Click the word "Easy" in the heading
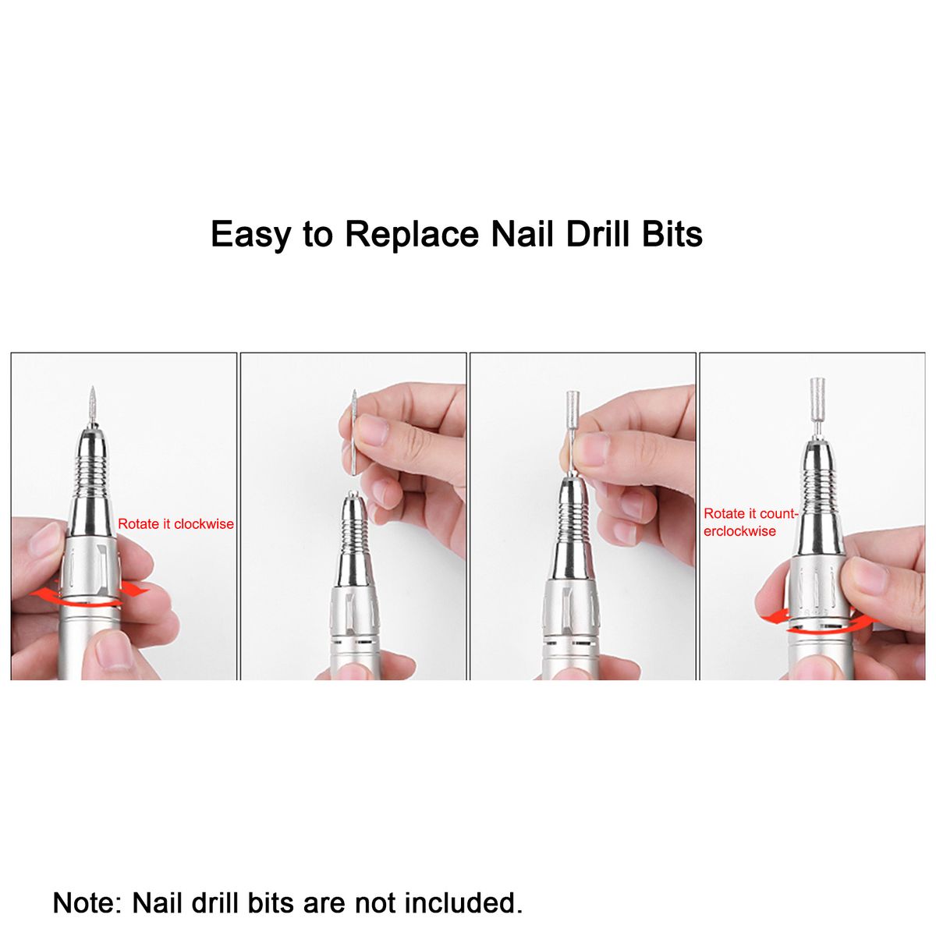[250, 235]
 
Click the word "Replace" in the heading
[412, 235]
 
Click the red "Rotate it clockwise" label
[175, 524]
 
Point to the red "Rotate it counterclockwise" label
[751, 522]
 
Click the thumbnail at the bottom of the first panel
[111, 651]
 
